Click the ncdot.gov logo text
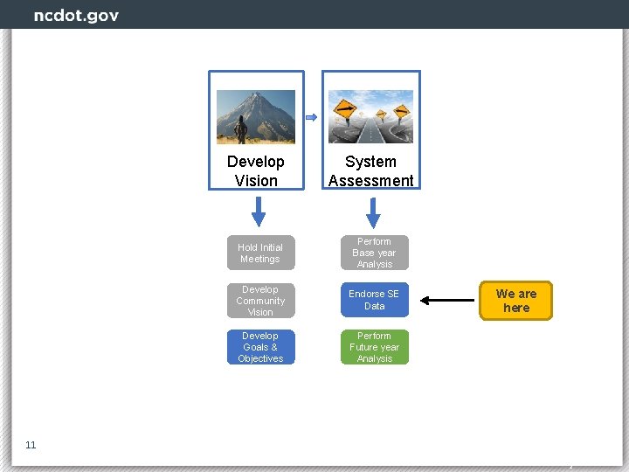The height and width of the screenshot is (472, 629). [x=76, y=16]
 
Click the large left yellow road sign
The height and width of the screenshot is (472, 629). [x=346, y=112]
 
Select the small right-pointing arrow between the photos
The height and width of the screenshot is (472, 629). [x=311, y=117]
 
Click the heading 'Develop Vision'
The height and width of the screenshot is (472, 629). [x=256, y=171]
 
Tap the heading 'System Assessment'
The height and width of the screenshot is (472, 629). [x=371, y=171]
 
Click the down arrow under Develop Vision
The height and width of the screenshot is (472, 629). [x=259, y=212]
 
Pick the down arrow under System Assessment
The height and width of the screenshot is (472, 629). [x=373, y=212]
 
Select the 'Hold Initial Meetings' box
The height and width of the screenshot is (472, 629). [x=260, y=253]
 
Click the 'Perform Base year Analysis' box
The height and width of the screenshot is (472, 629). [x=374, y=253]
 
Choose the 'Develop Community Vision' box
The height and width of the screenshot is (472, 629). [x=260, y=301]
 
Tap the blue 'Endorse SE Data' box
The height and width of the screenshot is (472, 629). [x=374, y=300]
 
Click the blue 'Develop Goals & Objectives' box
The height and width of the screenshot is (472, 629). [x=260, y=347]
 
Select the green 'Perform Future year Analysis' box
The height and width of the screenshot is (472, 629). [x=374, y=347]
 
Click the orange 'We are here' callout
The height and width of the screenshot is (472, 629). [x=516, y=301]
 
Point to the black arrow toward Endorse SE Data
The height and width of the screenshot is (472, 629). [x=449, y=301]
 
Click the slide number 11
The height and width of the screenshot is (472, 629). [x=31, y=445]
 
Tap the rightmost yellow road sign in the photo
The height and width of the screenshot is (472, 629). [x=402, y=112]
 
